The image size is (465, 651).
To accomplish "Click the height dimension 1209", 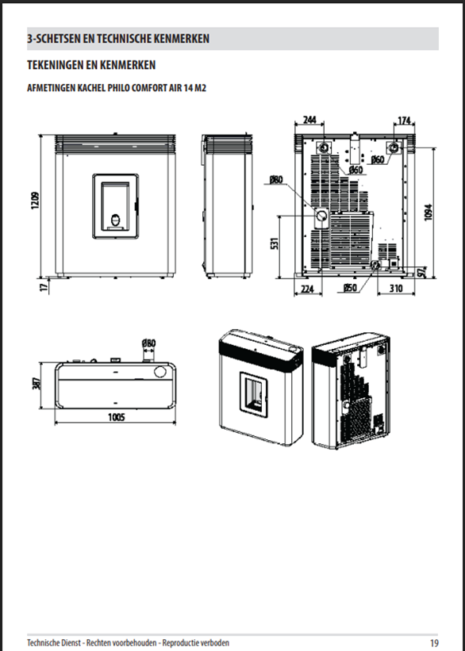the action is (x=36, y=200).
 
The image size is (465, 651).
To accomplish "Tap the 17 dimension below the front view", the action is (x=44, y=286).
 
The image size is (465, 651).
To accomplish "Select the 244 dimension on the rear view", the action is (x=309, y=120).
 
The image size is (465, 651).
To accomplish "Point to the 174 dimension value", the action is (x=404, y=121).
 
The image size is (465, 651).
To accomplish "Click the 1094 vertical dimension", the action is (x=428, y=212).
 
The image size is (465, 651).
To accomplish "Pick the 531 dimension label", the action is (x=275, y=243).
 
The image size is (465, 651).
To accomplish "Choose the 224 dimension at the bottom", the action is (x=307, y=289).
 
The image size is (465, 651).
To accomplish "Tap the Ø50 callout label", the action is (x=350, y=288).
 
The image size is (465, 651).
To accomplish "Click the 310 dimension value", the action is (x=396, y=288).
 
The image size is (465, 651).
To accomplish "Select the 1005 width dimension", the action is (x=117, y=417).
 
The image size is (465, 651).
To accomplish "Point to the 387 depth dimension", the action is (x=37, y=383).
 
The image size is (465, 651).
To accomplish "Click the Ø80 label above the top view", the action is (x=148, y=343).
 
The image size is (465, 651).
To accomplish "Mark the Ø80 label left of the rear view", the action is (x=276, y=179).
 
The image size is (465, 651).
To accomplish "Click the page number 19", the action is (x=434, y=643).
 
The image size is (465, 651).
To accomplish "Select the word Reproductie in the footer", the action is (x=180, y=643).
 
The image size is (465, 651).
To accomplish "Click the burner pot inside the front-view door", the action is (x=116, y=220).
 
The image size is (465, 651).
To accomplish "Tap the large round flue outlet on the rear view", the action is (x=321, y=216).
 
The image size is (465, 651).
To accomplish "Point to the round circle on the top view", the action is (x=160, y=372).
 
